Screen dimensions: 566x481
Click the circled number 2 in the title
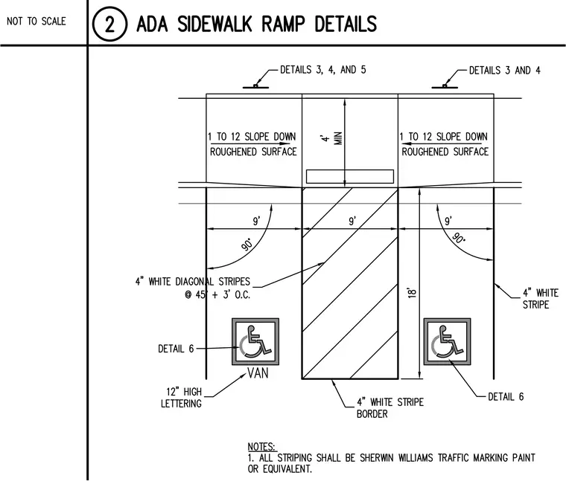(x=109, y=24)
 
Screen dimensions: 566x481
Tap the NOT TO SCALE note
(x=36, y=22)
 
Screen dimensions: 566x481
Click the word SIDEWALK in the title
(x=214, y=24)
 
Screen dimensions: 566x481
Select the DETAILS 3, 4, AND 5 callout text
(x=323, y=70)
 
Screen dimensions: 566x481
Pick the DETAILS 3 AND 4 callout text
(x=505, y=71)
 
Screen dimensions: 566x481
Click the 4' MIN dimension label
(x=332, y=138)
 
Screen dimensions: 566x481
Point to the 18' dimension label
(x=412, y=292)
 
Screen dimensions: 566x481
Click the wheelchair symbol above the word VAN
(x=255, y=341)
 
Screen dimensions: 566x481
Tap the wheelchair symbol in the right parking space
(x=447, y=341)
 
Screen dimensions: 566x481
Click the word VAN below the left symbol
(x=258, y=373)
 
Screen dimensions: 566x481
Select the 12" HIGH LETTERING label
(x=182, y=398)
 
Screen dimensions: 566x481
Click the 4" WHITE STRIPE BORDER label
(x=390, y=408)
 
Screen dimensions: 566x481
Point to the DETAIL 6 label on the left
(x=176, y=349)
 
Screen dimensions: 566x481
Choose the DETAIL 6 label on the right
(x=506, y=397)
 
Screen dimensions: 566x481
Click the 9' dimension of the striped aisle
(x=352, y=221)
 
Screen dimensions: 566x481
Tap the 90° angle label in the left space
(x=247, y=245)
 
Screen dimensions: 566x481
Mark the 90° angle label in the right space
(x=459, y=238)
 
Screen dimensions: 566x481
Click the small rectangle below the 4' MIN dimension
(x=350, y=176)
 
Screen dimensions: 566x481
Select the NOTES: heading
(x=262, y=447)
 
